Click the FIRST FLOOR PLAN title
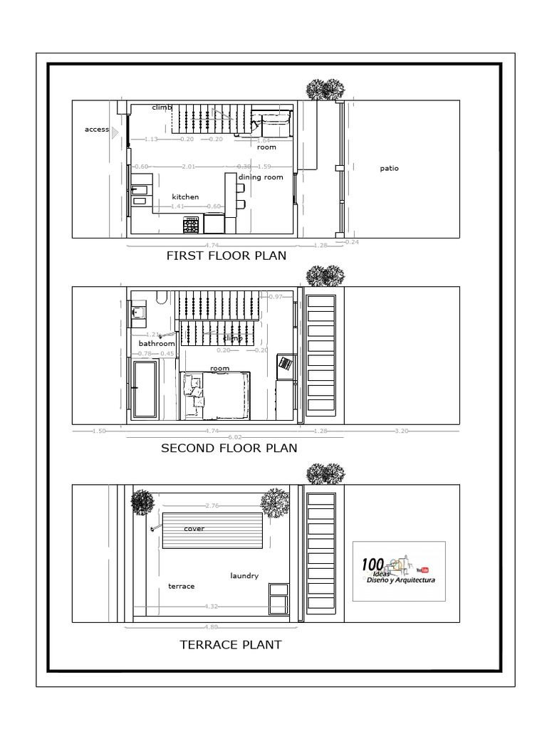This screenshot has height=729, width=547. point(226,256)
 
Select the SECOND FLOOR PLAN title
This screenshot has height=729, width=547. point(229,449)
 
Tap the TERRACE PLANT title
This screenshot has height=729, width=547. point(230,645)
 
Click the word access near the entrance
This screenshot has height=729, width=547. point(97,130)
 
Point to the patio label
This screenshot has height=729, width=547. point(389,169)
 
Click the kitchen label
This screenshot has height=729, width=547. point(185,196)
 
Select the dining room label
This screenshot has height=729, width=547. point(261,177)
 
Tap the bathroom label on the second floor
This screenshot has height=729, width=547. point(157,343)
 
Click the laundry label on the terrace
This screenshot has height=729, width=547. point(244,576)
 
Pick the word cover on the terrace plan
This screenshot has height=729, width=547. point(194,529)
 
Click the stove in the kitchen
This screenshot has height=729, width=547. point(192,225)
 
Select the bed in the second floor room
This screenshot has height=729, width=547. point(223,395)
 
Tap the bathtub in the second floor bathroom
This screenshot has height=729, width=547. point(145,389)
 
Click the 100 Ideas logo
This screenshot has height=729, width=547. point(398,571)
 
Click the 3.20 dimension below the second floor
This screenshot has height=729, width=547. point(402,431)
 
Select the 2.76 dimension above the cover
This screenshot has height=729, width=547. point(212,505)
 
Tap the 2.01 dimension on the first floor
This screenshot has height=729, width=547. point(189,167)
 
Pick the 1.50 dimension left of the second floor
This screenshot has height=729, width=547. point(99,431)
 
